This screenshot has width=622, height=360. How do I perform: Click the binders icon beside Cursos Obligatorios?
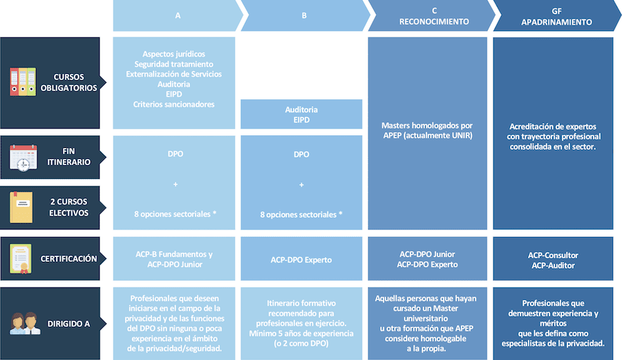click(x=23, y=82)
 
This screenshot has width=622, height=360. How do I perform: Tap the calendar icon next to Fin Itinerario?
click(x=23, y=158)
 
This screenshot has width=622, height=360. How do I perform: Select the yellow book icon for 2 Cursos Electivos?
click(x=21, y=207)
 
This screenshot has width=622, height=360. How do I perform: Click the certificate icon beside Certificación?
click(x=21, y=259)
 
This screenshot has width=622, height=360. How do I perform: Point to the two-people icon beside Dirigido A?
click(x=25, y=323)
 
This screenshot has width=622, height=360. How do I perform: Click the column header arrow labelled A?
click(x=178, y=15)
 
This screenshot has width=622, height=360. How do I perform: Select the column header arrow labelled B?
click(x=305, y=15)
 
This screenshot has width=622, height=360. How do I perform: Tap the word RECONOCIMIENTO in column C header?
click(x=434, y=22)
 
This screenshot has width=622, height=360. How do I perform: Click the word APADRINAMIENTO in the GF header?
click(x=556, y=22)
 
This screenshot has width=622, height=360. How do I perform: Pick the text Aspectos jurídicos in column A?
click(x=173, y=54)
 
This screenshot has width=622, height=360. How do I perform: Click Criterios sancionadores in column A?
click(x=173, y=104)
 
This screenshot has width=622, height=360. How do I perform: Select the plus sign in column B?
click(x=301, y=184)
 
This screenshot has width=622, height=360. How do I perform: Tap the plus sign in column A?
click(x=176, y=184)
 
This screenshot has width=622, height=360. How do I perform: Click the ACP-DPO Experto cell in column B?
click(x=301, y=260)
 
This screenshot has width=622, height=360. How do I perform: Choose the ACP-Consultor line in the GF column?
click(x=553, y=256)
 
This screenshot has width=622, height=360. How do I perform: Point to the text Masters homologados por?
click(x=427, y=126)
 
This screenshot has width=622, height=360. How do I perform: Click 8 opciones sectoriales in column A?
click(x=176, y=214)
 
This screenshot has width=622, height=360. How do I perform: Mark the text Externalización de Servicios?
click(x=173, y=74)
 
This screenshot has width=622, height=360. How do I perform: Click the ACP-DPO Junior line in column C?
click(x=427, y=254)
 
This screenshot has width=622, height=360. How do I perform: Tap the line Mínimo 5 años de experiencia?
click(x=301, y=334)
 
